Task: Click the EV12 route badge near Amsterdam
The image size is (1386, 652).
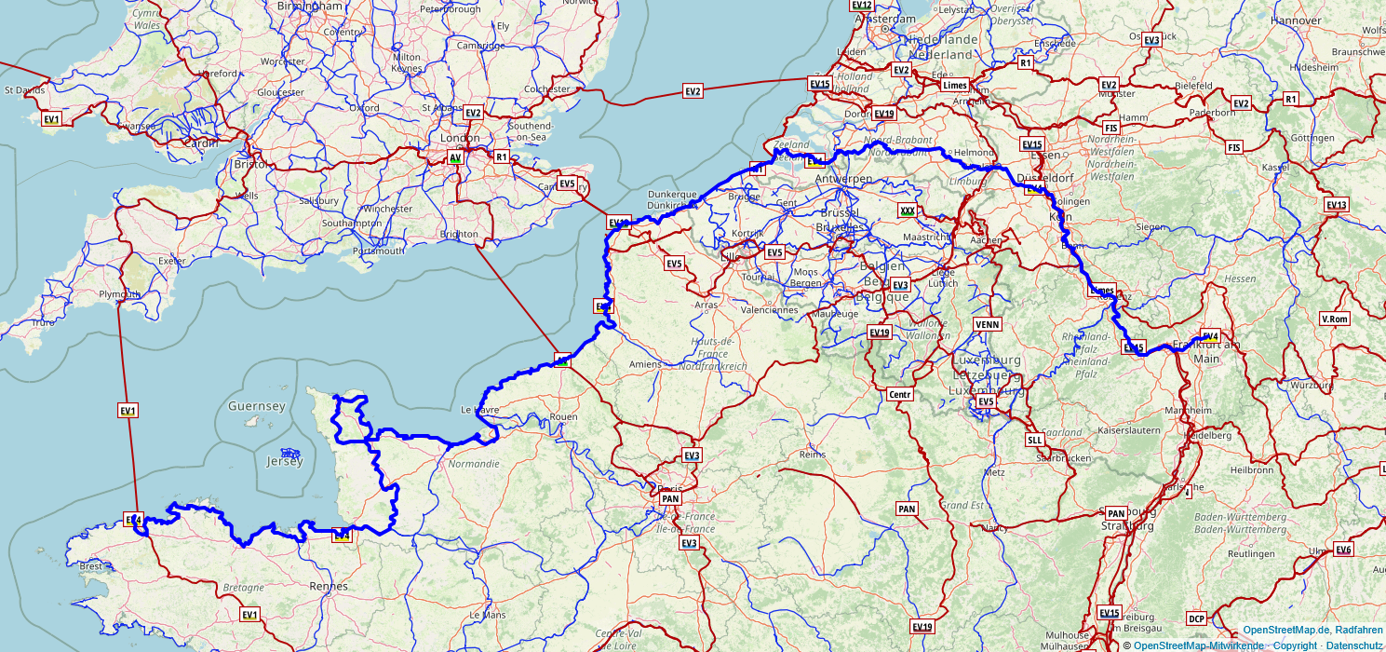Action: (x=862, y=5)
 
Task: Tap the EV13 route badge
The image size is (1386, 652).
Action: (x=1336, y=205)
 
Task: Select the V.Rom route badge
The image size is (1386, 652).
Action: (x=1334, y=319)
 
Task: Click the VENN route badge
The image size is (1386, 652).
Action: (x=987, y=323)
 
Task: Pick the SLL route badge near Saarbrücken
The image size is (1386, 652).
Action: (x=1034, y=440)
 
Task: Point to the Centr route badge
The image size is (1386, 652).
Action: (x=900, y=395)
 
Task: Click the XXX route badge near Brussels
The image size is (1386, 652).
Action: (x=907, y=211)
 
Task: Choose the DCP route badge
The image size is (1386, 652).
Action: (x=1196, y=618)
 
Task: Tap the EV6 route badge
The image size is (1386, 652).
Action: (x=1343, y=550)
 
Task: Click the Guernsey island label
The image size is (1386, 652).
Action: (x=256, y=406)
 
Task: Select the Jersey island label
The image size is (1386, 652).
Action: (x=285, y=461)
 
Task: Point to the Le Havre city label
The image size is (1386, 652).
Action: (x=480, y=409)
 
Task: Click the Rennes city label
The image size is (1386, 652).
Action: (x=329, y=586)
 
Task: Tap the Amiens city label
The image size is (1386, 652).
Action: (x=645, y=364)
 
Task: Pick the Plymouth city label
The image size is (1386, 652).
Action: (x=119, y=294)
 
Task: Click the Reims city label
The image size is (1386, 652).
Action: (x=813, y=455)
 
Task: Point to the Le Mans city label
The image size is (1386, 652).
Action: (x=487, y=615)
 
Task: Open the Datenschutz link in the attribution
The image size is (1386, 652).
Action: (x=1354, y=645)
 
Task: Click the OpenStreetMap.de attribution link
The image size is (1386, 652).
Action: (x=1278, y=631)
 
